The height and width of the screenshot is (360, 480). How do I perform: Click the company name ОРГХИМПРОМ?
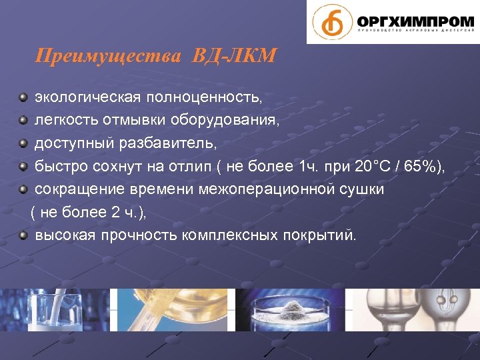tap(415, 20)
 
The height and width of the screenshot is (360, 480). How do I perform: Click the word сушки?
tap(361, 189)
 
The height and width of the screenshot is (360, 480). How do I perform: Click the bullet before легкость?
tap(23, 121)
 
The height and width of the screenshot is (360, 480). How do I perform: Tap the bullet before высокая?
tap(23, 235)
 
